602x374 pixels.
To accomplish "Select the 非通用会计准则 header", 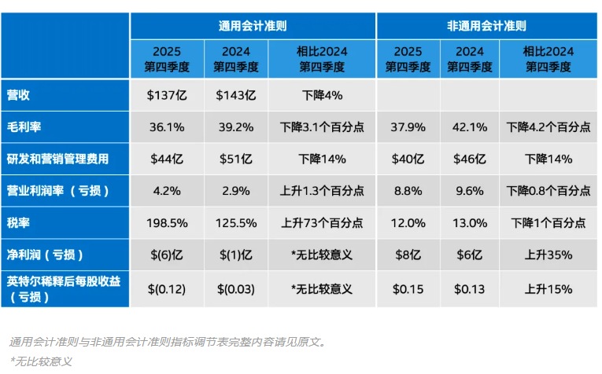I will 486,26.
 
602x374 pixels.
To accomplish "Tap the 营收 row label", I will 21,95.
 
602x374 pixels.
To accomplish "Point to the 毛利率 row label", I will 27,126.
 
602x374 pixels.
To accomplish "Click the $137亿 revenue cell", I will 166,95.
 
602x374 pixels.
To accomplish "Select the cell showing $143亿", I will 235,95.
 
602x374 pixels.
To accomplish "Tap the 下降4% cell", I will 322,95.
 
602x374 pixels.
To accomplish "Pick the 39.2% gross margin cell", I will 235,126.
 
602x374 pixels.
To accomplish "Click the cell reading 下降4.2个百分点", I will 548,126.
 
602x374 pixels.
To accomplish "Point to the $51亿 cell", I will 235,159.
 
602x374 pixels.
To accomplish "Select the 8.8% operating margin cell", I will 408,190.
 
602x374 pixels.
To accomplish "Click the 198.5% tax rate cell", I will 166,222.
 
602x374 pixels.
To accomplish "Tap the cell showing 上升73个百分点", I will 322,222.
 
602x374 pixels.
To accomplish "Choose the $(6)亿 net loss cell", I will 166,255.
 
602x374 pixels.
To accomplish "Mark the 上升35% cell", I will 548,255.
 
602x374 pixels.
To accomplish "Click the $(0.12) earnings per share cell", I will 166,289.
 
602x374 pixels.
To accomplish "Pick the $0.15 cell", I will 408,289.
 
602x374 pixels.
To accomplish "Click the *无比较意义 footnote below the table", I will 41,361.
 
